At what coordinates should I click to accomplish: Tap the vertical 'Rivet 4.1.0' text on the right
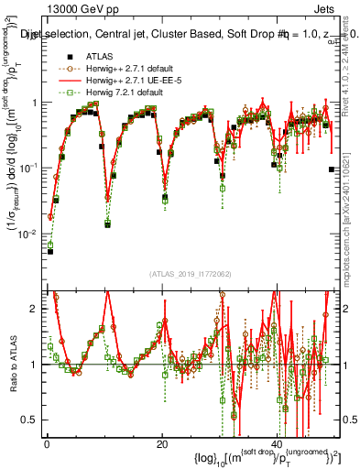[353, 64]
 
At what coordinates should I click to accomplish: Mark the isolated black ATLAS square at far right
[331, 169]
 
